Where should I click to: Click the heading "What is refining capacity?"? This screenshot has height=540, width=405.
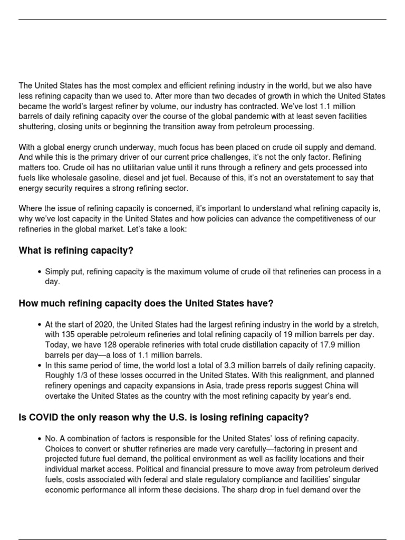76,250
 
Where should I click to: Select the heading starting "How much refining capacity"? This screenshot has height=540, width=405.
146,303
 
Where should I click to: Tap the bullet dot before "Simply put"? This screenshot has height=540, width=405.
40,272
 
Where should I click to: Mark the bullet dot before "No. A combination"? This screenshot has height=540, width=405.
40,439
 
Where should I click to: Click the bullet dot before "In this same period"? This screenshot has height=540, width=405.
40,365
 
